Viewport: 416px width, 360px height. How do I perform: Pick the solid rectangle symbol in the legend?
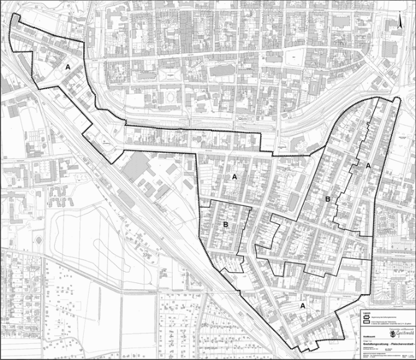[x=364, y=323]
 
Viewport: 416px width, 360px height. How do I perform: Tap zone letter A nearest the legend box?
[x=303, y=306]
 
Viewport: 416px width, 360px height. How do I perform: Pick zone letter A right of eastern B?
[x=368, y=166]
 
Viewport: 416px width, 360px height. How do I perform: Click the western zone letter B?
[x=226, y=224]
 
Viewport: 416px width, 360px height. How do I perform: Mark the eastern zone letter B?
[x=327, y=199]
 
